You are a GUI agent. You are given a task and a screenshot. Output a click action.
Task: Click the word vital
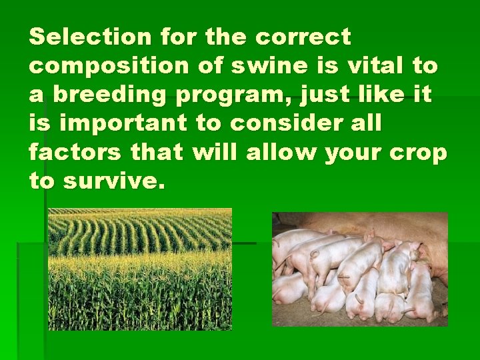[x=376, y=66]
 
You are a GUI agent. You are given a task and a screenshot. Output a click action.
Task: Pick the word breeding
[x=107, y=95]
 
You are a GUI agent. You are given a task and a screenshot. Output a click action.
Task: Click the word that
[x=156, y=153]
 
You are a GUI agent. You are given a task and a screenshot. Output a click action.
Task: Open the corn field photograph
[x=140, y=269]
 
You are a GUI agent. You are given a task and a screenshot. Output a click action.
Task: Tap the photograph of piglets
[x=360, y=269]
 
